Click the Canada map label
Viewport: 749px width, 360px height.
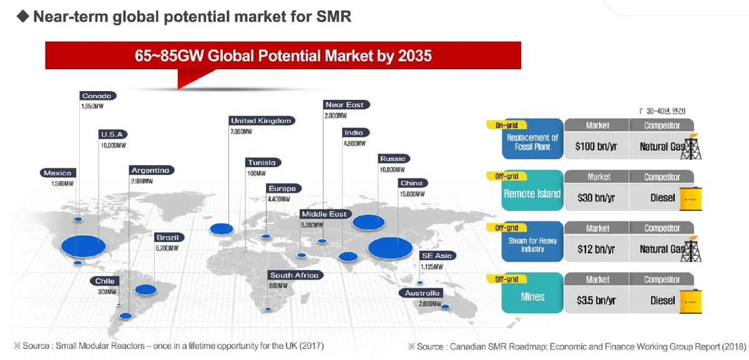[97, 96]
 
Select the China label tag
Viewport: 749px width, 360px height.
[412, 183]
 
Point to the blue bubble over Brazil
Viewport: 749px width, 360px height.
[145, 289]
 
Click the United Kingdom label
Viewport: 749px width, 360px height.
[262, 121]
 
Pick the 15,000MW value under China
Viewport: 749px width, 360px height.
[411, 194]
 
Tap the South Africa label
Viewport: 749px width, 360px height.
[294, 276]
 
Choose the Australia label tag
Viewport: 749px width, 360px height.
[423, 293]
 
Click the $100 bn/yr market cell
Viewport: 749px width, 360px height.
[595, 147]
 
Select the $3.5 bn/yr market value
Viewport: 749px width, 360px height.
[595, 301]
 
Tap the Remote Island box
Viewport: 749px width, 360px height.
[532, 193]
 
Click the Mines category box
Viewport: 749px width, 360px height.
[532, 297]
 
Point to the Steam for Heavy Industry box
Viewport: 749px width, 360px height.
[532, 245]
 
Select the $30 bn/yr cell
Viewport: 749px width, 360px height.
[595, 198]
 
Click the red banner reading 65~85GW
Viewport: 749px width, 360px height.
[283, 56]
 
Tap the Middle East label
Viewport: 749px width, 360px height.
[324, 215]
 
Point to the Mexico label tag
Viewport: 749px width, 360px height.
[57, 173]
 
